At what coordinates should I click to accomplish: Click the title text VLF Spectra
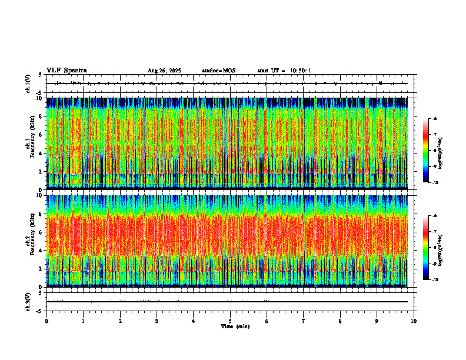66,71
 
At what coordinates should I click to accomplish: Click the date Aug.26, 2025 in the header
164,71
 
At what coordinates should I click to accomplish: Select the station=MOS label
218,71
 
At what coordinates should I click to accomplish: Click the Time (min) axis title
235,326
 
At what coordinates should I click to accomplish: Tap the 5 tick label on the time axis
230,321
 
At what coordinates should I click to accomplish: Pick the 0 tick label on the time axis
46,321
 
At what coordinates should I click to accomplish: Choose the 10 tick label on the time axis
414,321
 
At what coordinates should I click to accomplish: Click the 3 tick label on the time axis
157,321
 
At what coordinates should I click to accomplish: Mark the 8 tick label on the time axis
340,321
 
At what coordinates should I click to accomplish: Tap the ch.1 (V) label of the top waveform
28,84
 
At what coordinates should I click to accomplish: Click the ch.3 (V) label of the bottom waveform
28,301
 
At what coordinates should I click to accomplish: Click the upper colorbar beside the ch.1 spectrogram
426,151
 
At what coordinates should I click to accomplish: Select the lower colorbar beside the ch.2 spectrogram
426,248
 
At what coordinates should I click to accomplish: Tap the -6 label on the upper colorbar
434,119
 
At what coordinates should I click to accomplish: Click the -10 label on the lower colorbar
435,280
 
